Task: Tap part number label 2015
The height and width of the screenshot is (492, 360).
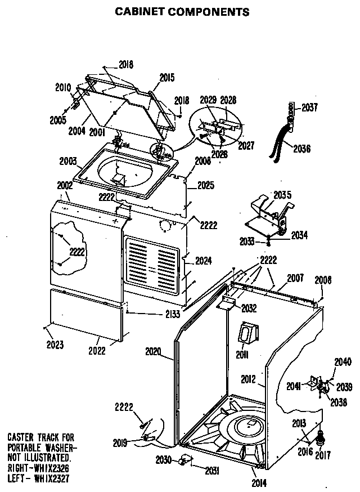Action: [167, 78]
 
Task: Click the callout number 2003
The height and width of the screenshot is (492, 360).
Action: [68, 162]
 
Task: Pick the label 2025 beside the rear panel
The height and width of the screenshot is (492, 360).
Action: [205, 185]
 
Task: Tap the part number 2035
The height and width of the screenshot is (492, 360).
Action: [282, 195]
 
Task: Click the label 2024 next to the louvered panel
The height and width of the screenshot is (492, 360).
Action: [203, 261]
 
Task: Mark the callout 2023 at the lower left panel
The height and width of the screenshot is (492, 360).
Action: [55, 345]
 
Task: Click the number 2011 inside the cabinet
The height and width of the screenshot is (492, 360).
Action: [242, 355]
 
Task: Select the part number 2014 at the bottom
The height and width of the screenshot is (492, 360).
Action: [259, 482]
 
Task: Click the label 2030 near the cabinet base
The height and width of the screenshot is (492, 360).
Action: [164, 460]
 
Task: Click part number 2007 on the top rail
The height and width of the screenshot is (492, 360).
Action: [295, 278]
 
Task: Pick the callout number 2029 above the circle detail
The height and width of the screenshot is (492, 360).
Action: [208, 100]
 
